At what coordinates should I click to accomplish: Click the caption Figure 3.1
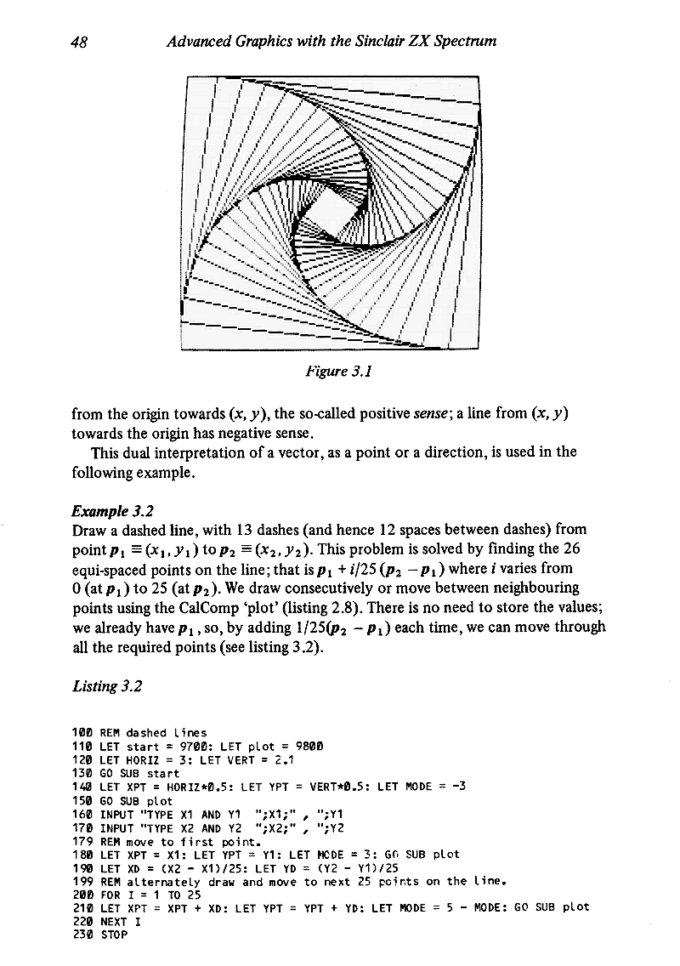pyautogui.click(x=332, y=369)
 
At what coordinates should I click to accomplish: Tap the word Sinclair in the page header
pyautogui.click(x=359, y=40)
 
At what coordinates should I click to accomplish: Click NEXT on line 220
pyautogui.click(x=113, y=921)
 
